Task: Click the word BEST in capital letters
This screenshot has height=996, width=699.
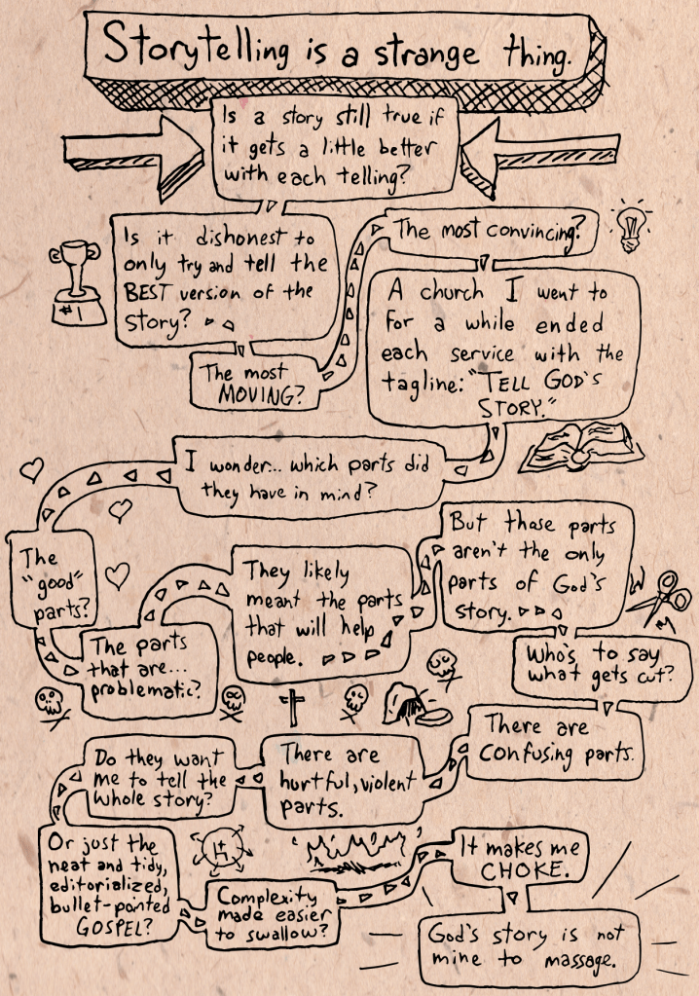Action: click(x=155, y=291)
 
